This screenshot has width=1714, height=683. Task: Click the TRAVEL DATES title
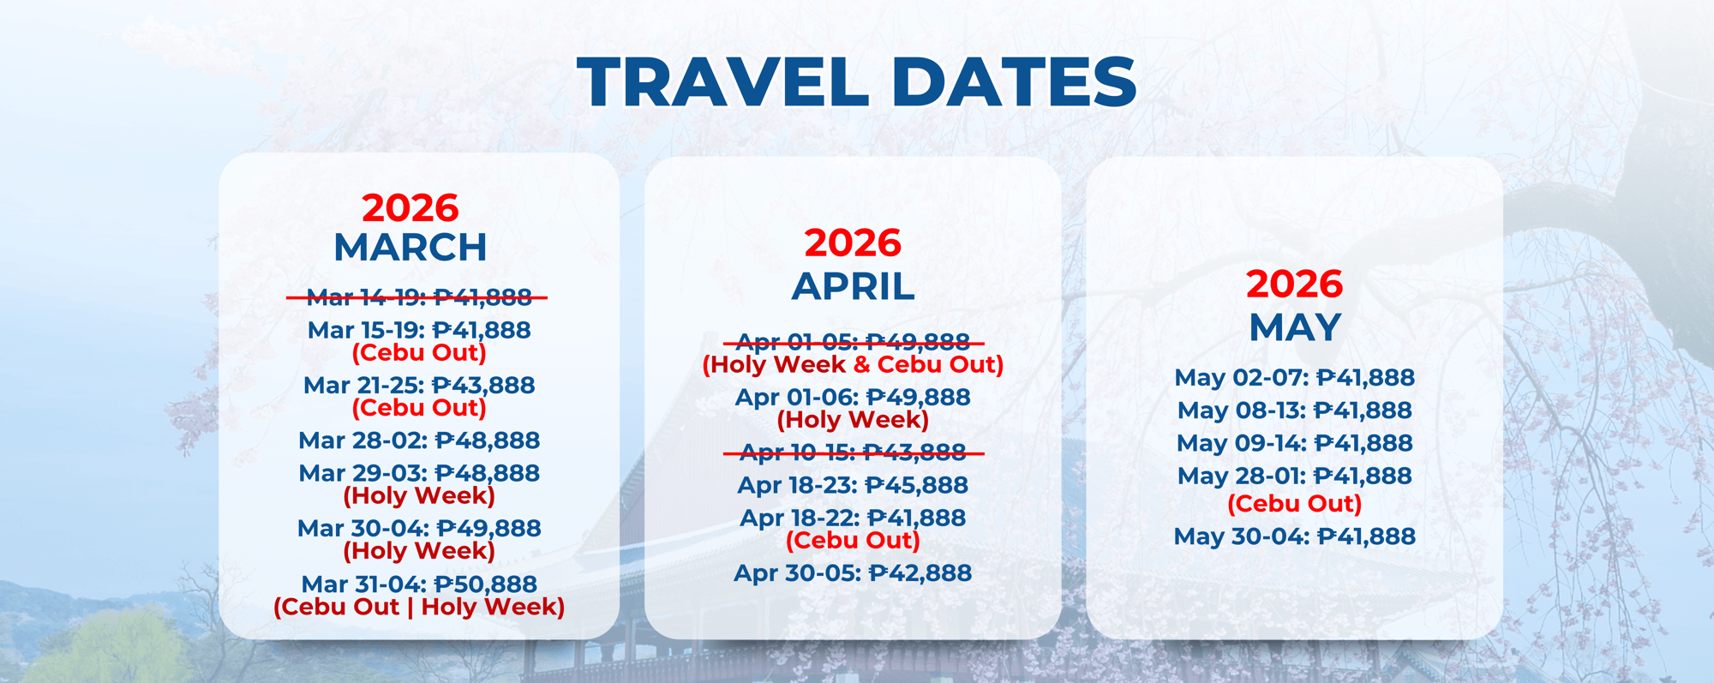tap(856, 82)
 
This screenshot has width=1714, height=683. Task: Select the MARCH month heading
tap(411, 248)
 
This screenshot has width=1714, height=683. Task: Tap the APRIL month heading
tap(853, 286)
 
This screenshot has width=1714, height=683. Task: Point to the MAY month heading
tap(1294, 327)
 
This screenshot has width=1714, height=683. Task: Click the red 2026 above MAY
tap(1294, 285)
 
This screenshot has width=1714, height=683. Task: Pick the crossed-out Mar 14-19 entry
tap(418, 297)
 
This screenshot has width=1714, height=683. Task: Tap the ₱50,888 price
tap(486, 584)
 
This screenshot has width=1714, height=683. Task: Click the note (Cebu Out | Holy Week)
tap(418, 608)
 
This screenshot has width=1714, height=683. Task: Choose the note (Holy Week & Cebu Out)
tap(853, 365)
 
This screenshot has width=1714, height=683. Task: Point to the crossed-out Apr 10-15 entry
tap(853, 452)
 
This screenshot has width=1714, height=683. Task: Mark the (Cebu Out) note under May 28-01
tap(1294, 504)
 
